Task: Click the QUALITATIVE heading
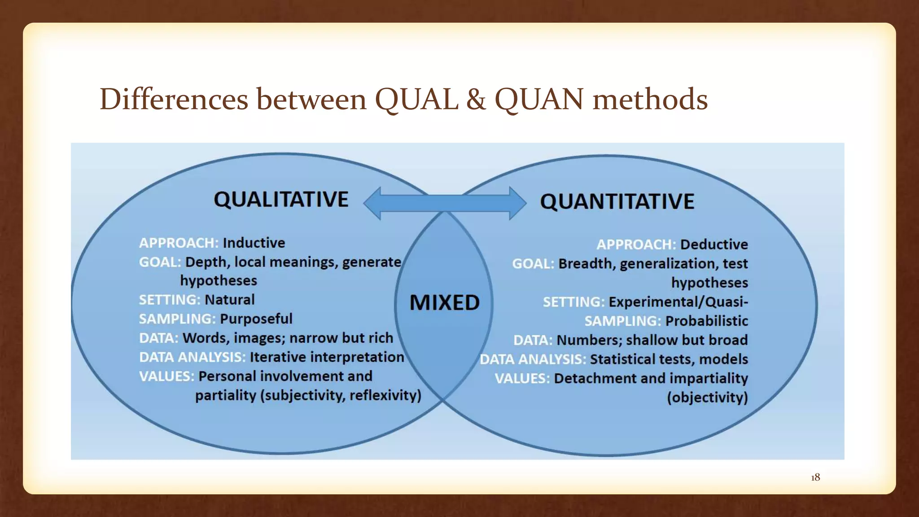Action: tap(281, 199)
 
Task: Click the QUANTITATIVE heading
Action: tap(617, 201)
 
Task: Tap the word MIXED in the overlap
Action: tap(444, 302)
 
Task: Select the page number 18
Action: tap(815, 478)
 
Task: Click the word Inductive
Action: tap(254, 243)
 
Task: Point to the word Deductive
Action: tap(714, 245)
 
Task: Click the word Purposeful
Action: tap(256, 319)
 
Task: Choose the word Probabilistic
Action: tap(706, 321)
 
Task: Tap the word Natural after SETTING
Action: tap(230, 300)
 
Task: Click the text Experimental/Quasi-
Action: tap(678, 302)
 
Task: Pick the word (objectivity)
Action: tap(707, 398)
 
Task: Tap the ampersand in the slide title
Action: tap(476, 100)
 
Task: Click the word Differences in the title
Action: tap(174, 100)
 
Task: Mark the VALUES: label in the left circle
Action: tap(166, 376)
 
